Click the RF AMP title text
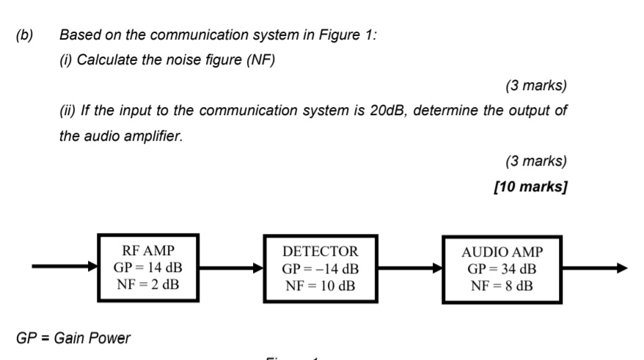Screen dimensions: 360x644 pyautogui.click(x=149, y=250)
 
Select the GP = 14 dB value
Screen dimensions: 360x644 pyautogui.click(x=149, y=267)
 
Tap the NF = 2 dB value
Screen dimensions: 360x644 pyautogui.click(x=149, y=284)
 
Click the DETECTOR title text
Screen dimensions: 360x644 pyautogui.click(x=321, y=251)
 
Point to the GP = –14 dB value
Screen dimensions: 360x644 pyautogui.click(x=321, y=268)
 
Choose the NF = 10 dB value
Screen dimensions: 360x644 pyautogui.click(x=321, y=285)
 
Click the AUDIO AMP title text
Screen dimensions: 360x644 pyautogui.click(x=502, y=252)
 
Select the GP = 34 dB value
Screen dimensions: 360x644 pyautogui.click(x=502, y=269)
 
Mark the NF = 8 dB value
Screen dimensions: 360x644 pyautogui.click(x=502, y=285)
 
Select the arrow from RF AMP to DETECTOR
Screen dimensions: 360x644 pyautogui.click(x=231, y=268)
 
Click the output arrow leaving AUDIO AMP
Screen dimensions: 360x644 pyautogui.click(x=594, y=269)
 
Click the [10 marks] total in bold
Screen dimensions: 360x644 pyautogui.click(x=530, y=187)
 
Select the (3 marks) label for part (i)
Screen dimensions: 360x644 pyautogui.click(x=535, y=86)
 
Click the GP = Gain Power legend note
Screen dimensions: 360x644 pyautogui.click(x=73, y=338)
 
